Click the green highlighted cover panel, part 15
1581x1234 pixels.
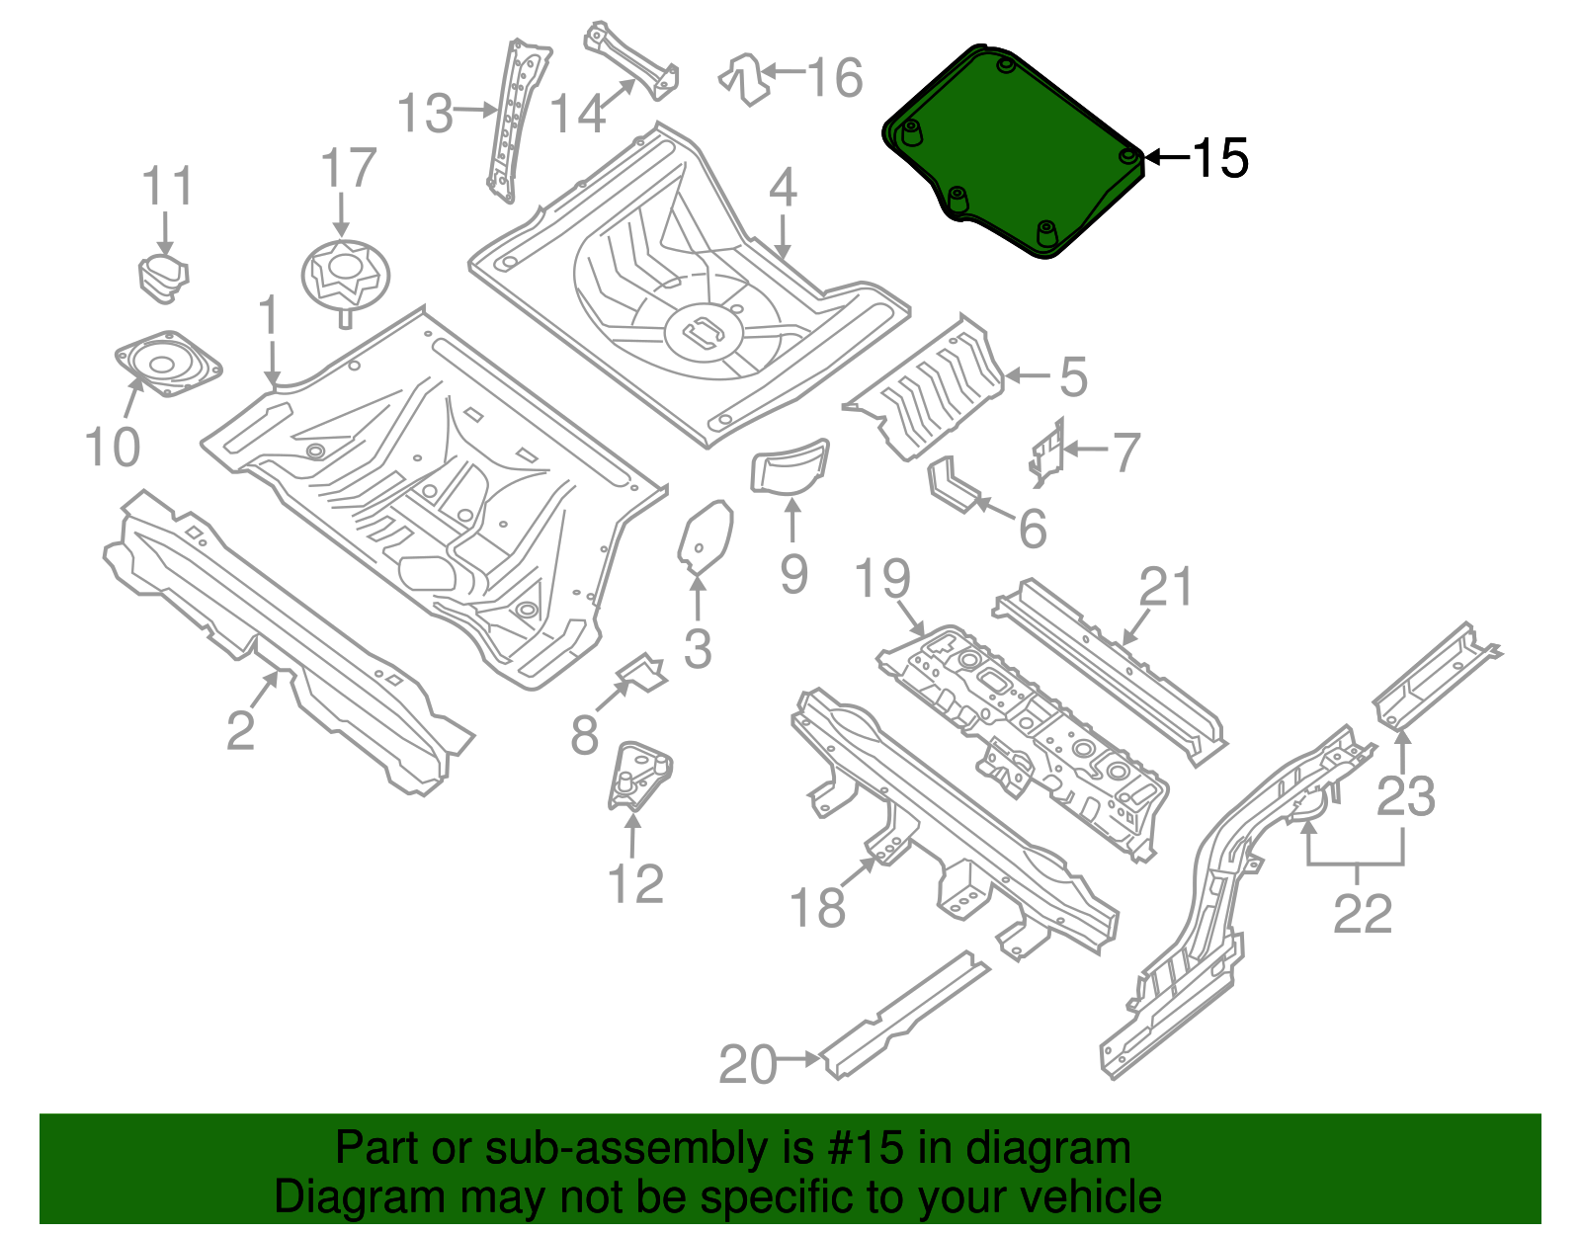click(x=1018, y=148)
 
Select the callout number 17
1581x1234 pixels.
click(x=349, y=169)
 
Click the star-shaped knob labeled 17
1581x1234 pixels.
click(x=345, y=274)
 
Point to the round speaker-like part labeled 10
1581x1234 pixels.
click(x=165, y=363)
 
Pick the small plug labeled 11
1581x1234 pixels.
click(x=163, y=274)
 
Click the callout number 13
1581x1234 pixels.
click(x=425, y=114)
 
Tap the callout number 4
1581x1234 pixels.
click(x=783, y=188)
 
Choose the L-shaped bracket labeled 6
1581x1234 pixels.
click(x=954, y=484)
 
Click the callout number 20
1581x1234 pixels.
click(x=748, y=1064)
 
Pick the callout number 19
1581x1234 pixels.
click(x=882, y=579)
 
